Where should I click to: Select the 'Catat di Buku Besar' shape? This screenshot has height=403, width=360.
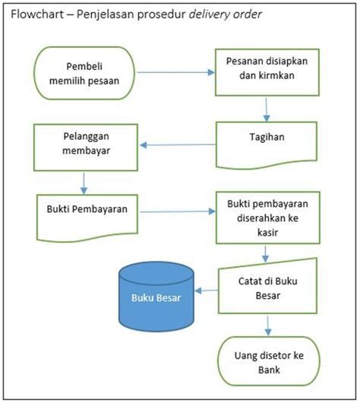(x=266, y=288)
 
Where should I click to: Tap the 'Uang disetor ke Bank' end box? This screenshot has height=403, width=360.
(x=266, y=360)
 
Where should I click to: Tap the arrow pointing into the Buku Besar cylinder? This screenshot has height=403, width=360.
(x=207, y=291)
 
